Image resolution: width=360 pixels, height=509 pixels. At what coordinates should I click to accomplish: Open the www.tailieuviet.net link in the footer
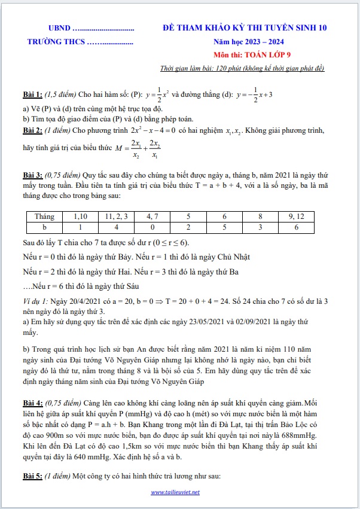tap(175, 492)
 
